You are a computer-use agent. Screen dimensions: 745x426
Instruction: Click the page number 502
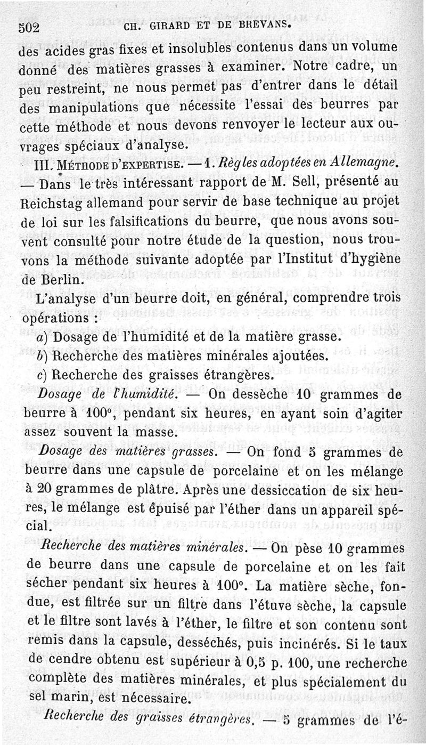coord(29,26)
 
